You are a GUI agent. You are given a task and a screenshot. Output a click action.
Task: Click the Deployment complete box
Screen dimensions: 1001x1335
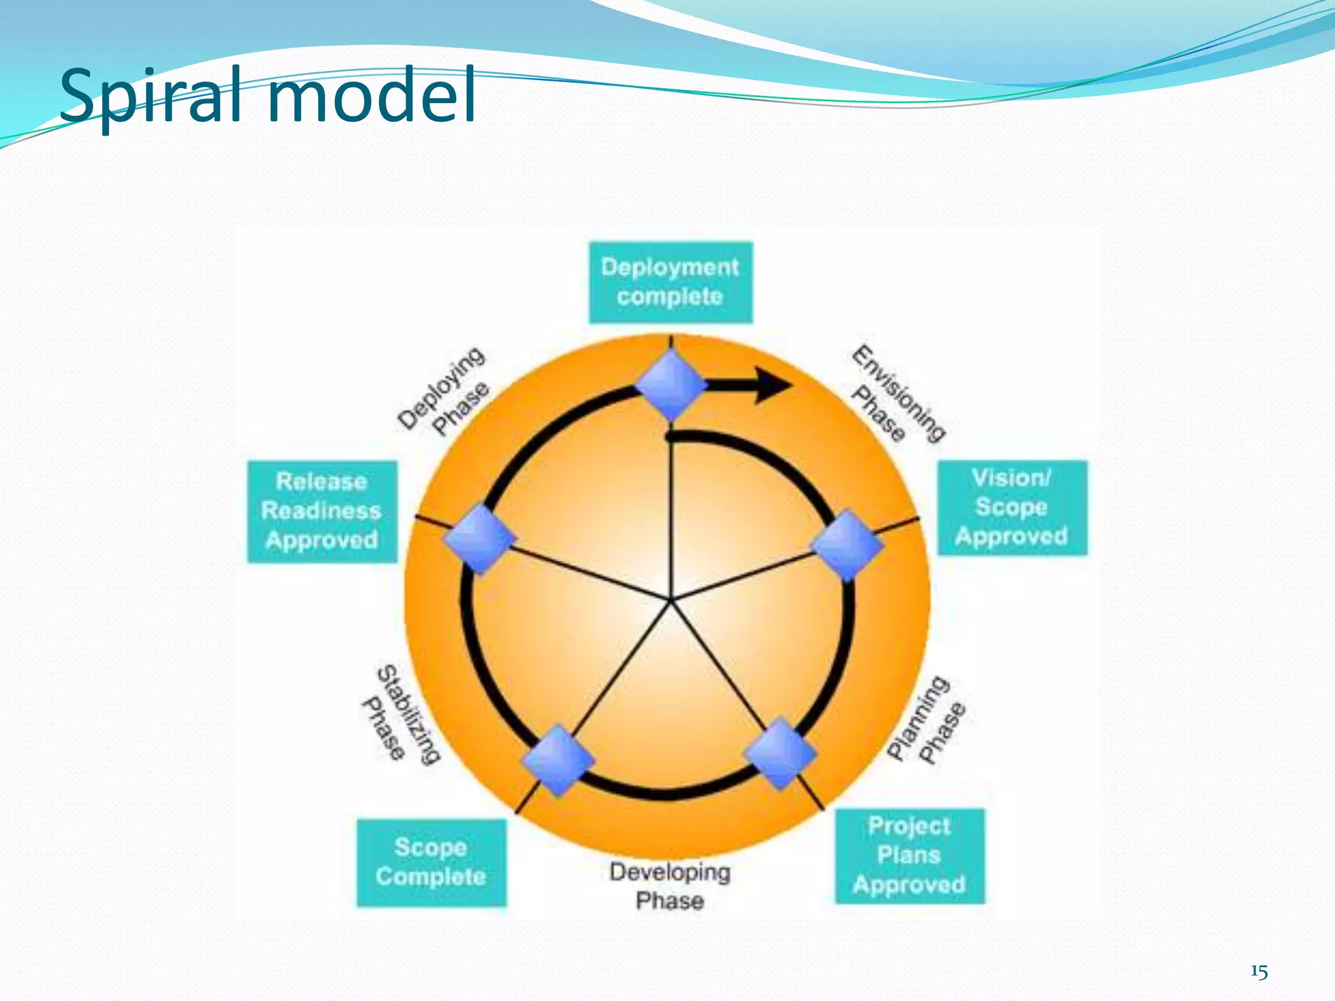tap(670, 282)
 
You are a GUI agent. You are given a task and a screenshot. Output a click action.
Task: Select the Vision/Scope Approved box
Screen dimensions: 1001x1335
tap(1012, 508)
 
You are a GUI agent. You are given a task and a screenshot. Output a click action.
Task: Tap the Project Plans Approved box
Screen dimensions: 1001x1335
tap(909, 856)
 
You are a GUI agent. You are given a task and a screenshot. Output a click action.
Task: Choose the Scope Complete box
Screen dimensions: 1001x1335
tap(431, 862)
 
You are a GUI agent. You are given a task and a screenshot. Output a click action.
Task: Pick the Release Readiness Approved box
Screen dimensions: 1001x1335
tap(321, 512)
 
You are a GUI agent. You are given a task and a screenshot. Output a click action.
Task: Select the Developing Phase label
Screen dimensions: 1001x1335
tap(669, 886)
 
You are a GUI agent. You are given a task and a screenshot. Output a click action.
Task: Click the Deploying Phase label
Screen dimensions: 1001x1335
tap(443, 391)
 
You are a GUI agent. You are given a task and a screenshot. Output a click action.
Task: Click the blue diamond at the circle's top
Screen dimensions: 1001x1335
tap(671, 384)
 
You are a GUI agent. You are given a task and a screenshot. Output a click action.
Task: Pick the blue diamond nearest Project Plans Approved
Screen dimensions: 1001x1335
tap(780, 753)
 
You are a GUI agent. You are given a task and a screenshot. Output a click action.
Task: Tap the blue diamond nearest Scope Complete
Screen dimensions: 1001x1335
tap(558, 760)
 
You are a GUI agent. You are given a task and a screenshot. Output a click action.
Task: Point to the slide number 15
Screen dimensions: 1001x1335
tap(1259, 972)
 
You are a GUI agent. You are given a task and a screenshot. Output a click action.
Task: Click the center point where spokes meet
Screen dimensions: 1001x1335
tap(670, 600)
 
